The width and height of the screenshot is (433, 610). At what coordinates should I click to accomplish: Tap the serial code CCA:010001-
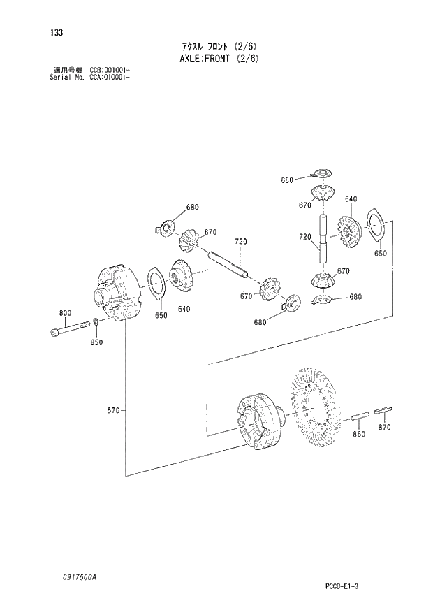coord(110,78)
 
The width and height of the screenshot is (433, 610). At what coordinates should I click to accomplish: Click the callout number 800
coord(65,312)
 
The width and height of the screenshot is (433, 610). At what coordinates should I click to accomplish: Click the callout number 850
coord(96,342)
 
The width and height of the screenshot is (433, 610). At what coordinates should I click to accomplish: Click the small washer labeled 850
coord(94,323)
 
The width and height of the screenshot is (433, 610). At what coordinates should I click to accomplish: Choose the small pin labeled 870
coord(385,409)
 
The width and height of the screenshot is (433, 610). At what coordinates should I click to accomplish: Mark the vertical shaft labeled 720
coord(323,238)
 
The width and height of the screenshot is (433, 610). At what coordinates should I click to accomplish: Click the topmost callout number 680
coord(287,180)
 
